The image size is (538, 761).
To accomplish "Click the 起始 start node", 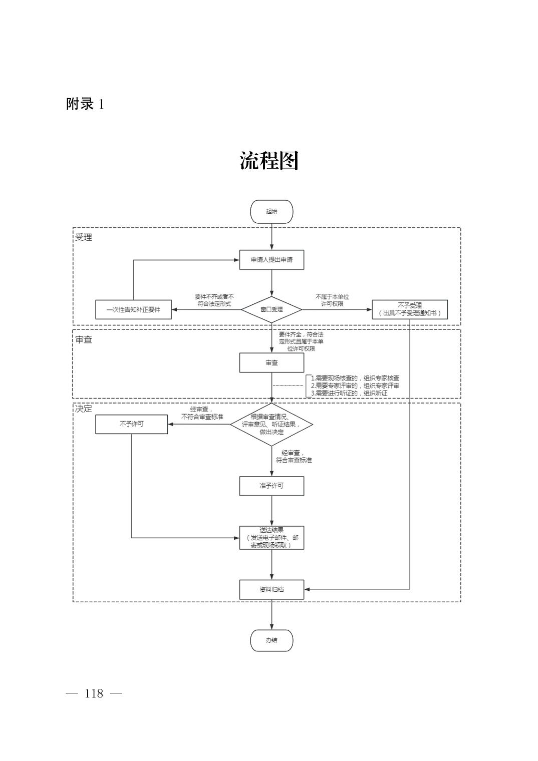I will pyautogui.click(x=272, y=212).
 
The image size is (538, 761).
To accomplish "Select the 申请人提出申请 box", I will pyautogui.click(x=272, y=260).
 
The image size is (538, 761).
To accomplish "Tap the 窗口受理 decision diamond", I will pyautogui.click(x=272, y=309).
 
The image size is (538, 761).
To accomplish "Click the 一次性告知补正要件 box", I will pyautogui.click(x=133, y=309).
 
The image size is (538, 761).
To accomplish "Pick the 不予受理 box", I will pyautogui.click(x=410, y=309).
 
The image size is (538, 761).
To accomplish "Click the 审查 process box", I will pyautogui.click(x=272, y=363).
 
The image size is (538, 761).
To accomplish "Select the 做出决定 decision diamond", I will pyautogui.click(x=272, y=424).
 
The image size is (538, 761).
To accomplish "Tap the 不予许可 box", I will pyautogui.click(x=132, y=424).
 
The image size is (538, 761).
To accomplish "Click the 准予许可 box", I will pyautogui.click(x=272, y=486).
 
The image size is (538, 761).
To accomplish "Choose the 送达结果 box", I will pyautogui.click(x=272, y=538).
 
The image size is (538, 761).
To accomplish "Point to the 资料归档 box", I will pyautogui.click(x=272, y=589).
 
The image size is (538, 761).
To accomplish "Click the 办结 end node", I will pyautogui.click(x=272, y=640).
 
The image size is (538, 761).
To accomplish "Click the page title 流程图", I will pyautogui.click(x=269, y=161).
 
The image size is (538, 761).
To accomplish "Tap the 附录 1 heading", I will pyautogui.click(x=85, y=104).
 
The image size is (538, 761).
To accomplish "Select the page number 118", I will pyautogui.click(x=94, y=693).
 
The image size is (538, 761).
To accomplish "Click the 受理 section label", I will pyautogui.click(x=84, y=237).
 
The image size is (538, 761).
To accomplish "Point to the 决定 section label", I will pyautogui.click(x=84, y=409).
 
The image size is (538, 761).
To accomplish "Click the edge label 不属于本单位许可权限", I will pyautogui.click(x=332, y=300).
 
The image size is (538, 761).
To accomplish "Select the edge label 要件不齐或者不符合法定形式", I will pyautogui.click(x=214, y=300).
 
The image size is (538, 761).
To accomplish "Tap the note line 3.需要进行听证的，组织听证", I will pyautogui.click(x=349, y=394).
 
